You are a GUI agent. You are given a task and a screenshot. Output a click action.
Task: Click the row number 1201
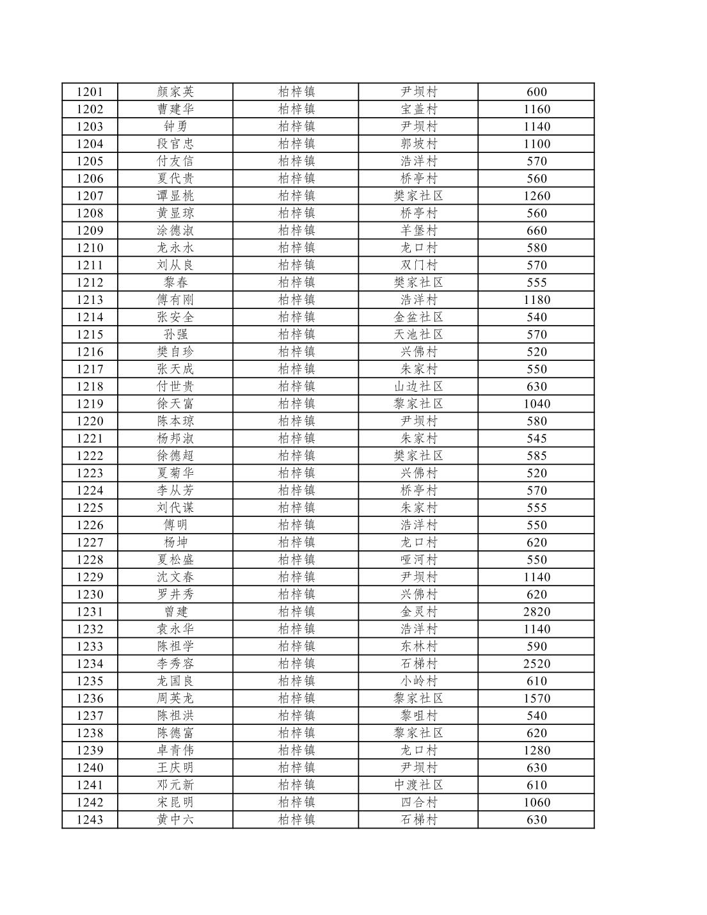pyautogui.click(x=90, y=92)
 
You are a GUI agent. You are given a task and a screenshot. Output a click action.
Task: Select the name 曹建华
pyautogui.click(x=175, y=109)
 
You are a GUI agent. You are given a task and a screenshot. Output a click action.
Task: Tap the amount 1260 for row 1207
pyautogui.click(x=536, y=196)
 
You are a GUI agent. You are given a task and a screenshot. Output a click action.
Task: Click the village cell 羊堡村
pyautogui.click(x=418, y=230)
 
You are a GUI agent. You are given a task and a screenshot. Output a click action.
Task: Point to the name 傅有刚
pyautogui.click(x=175, y=299)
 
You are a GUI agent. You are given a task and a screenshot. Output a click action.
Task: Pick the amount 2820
pyautogui.click(x=536, y=612)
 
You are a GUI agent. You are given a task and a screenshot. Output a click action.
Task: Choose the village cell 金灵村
pyautogui.click(x=418, y=612)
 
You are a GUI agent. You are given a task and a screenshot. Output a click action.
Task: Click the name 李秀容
pyautogui.click(x=175, y=664)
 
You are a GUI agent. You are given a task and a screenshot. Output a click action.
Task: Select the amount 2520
pyautogui.click(x=536, y=664)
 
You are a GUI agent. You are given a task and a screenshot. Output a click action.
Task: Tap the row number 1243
pyautogui.click(x=90, y=820)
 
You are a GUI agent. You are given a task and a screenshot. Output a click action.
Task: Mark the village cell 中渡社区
pyautogui.click(x=418, y=785)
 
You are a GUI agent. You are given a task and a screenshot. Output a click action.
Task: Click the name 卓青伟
pyautogui.click(x=175, y=750)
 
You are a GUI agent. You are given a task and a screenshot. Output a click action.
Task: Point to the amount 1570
pyautogui.click(x=536, y=698)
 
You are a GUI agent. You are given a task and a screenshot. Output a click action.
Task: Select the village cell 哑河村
pyautogui.click(x=418, y=560)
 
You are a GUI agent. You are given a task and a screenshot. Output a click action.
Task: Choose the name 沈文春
pyautogui.click(x=175, y=577)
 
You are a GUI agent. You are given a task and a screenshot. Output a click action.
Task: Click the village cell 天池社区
pyautogui.click(x=418, y=334)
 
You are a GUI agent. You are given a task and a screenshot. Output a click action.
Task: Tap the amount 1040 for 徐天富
pyautogui.click(x=536, y=404)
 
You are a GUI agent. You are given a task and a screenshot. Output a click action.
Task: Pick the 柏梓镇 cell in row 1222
pyautogui.click(x=296, y=456)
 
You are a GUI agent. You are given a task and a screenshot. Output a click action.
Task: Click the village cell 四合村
pyautogui.click(x=418, y=802)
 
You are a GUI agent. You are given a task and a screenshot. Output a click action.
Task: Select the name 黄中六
pyautogui.click(x=175, y=820)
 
